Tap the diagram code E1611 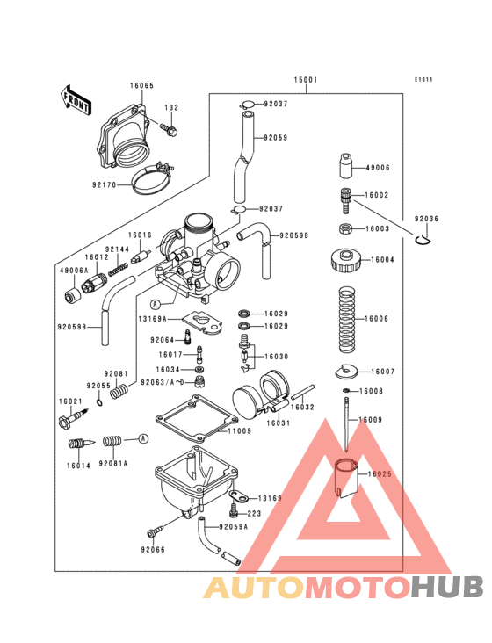pyautogui.click(x=424, y=80)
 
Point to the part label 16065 pyautogui.click(x=141, y=86)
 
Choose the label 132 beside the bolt pyautogui.click(x=170, y=108)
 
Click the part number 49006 pyautogui.click(x=378, y=168)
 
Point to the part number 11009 pyautogui.click(x=240, y=431)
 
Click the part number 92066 pyautogui.click(x=152, y=550)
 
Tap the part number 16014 pyautogui.click(x=80, y=466)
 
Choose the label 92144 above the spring pyautogui.click(x=118, y=249)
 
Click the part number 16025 pyautogui.click(x=379, y=474)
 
